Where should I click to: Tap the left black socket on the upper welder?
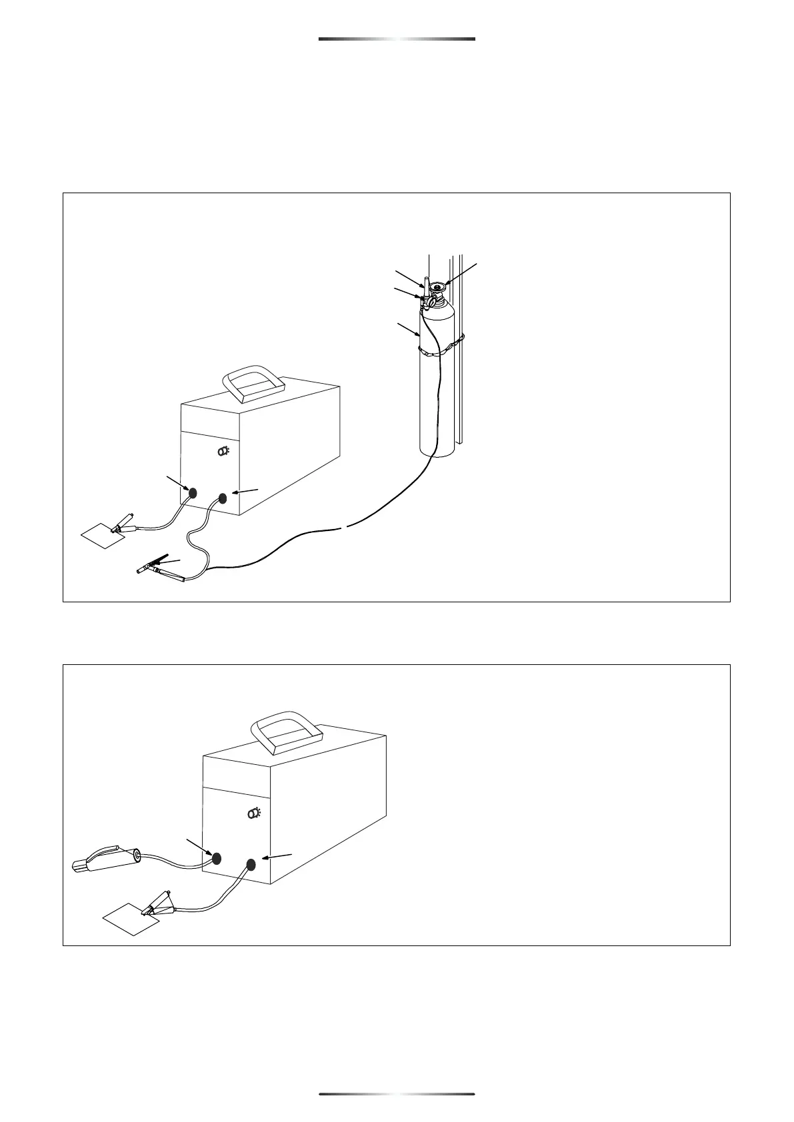pyautogui.click(x=193, y=494)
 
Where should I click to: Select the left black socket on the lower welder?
pyautogui.click(x=216, y=859)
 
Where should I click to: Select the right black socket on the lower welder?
pyautogui.click(x=251, y=865)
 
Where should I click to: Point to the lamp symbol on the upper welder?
pyautogui.click(x=224, y=451)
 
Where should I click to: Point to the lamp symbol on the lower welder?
pyautogui.click(x=254, y=813)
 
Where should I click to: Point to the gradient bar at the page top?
pyautogui.click(x=397, y=39)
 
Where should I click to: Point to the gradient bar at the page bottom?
pyautogui.click(x=397, y=1093)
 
